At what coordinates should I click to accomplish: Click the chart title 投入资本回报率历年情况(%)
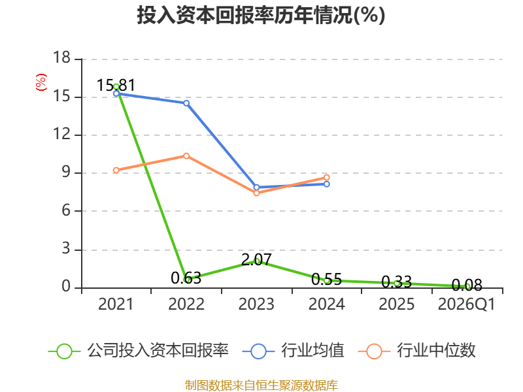click(x=261, y=15)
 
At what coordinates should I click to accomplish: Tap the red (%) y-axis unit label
click(x=41, y=82)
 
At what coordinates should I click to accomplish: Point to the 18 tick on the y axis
click(x=61, y=57)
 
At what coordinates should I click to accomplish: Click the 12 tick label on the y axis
click(x=61, y=134)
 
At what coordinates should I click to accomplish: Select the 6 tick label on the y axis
click(x=66, y=210)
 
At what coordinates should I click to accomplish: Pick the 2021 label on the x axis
click(x=116, y=304)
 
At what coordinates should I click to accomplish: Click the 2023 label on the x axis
click(x=256, y=304)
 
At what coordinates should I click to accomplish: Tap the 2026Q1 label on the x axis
click(x=467, y=304)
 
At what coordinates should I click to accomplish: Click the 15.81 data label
click(x=116, y=86)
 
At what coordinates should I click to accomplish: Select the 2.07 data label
click(x=256, y=259)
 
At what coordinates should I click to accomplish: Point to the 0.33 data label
click(x=397, y=282)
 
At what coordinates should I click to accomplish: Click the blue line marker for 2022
click(x=186, y=103)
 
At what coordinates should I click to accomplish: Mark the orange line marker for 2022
click(x=186, y=156)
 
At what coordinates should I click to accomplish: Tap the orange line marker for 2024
click(x=326, y=178)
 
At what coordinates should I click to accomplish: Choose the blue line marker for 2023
click(x=256, y=188)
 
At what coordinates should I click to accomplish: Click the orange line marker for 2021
click(x=116, y=171)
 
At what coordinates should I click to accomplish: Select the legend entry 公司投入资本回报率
click(x=139, y=351)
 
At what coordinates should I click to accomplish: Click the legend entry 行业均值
click(x=293, y=351)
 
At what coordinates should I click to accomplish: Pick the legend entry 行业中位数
click(x=416, y=351)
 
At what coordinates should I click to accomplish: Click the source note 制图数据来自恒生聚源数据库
click(x=261, y=385)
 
